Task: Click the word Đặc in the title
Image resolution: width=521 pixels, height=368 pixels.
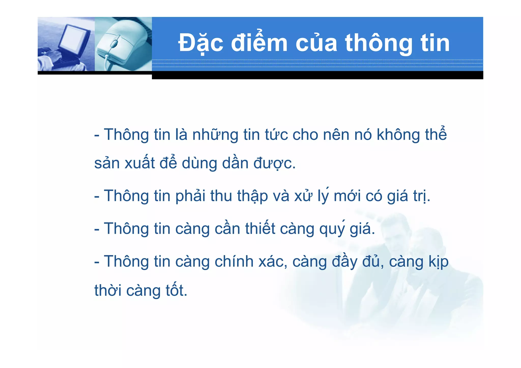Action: coord(201,43)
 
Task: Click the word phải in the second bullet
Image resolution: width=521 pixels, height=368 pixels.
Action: coord(190,196)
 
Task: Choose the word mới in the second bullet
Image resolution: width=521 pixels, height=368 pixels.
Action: coord(347,196)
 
